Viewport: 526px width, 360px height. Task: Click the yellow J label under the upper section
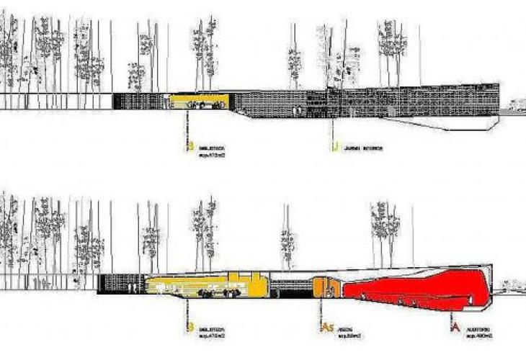point(334,148)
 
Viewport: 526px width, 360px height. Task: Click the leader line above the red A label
point(453,313)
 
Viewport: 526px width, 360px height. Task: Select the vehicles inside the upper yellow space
point(206,105)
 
